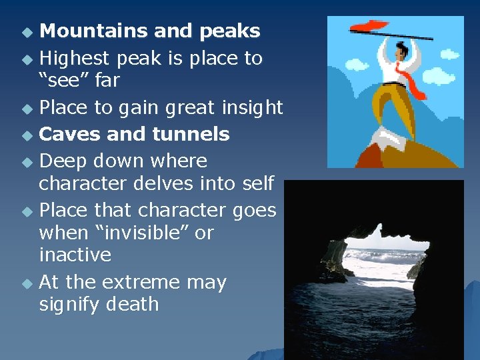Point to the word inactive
pos(75,255)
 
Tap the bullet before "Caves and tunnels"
pos(26,135)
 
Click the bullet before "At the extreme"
pos(26,283)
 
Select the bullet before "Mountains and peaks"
pos(26,33)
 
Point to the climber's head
pos(400,49)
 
